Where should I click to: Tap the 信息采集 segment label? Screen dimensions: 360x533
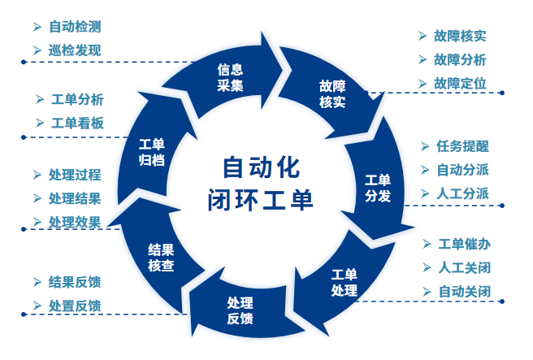point(231,77)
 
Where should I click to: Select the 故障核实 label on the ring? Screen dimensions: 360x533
point(332,94)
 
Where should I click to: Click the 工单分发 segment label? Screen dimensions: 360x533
point(378,188)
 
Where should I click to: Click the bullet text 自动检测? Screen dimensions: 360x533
point(75,26)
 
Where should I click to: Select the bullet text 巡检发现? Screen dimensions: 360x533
point(75,50)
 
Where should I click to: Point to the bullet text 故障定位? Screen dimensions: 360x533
point(460,83)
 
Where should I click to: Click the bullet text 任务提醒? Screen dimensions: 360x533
point(463,146)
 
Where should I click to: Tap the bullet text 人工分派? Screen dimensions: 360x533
point(463,193)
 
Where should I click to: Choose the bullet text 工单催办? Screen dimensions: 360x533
point(465,244)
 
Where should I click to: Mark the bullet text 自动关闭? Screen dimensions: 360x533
point(465,291)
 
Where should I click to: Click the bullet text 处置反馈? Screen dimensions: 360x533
point(75,306)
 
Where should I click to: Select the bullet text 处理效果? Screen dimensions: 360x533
point(75,222)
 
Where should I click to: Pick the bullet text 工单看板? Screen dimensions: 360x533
point(77,123)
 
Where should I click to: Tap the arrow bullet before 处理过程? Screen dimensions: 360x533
point(37,175)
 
